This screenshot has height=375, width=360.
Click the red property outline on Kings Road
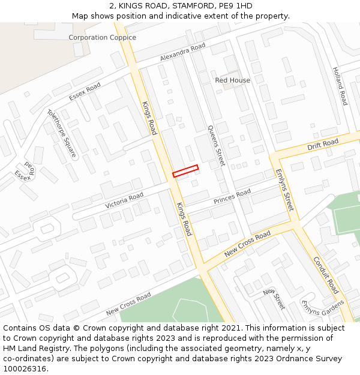click(x=185, y=171)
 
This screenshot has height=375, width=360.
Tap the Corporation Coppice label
click(x=102, y=37)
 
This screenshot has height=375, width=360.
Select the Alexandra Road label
click(x=182, y=52)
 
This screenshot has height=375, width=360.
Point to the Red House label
click(x=232, y=80)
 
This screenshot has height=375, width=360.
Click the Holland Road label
click(x=340, y=86)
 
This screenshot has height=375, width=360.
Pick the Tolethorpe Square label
click(x=61, y=133)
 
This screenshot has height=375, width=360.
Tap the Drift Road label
click(x=323, y=145)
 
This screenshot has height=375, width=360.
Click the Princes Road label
click(x=232, y=196)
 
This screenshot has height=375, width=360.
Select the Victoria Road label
click(x=124, y=200)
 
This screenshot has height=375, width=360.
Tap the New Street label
click(x=274, y=298)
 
